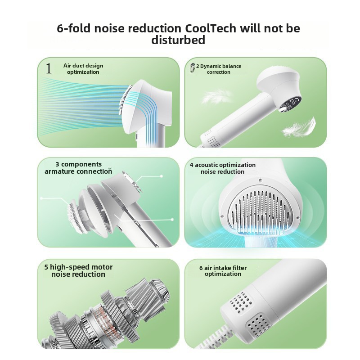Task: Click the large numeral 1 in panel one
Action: coord(49,69)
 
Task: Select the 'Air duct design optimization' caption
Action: coord(83,69)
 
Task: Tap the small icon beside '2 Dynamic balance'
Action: coord(193,67)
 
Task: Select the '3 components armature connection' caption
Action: coord(79,168)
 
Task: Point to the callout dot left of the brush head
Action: coord(41,198)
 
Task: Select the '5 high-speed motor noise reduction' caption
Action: coord(78,270)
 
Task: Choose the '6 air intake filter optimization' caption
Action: coord(223,271)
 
